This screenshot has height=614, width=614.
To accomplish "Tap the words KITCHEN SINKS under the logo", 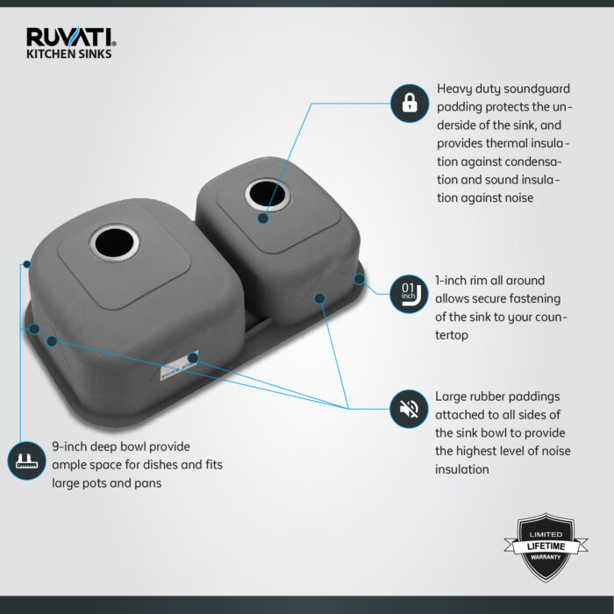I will [69, 54].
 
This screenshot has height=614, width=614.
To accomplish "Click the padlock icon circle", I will [409, 104].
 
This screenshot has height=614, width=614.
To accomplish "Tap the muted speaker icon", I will [409, 408].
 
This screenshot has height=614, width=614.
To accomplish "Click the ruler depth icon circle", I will [27, 460].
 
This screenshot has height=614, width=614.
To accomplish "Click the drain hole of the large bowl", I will [115, 241].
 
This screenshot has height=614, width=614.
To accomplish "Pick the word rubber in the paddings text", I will [494, 396].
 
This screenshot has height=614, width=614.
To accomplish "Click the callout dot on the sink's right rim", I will [360, 279].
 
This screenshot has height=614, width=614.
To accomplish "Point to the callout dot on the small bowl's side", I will [319, 298].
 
